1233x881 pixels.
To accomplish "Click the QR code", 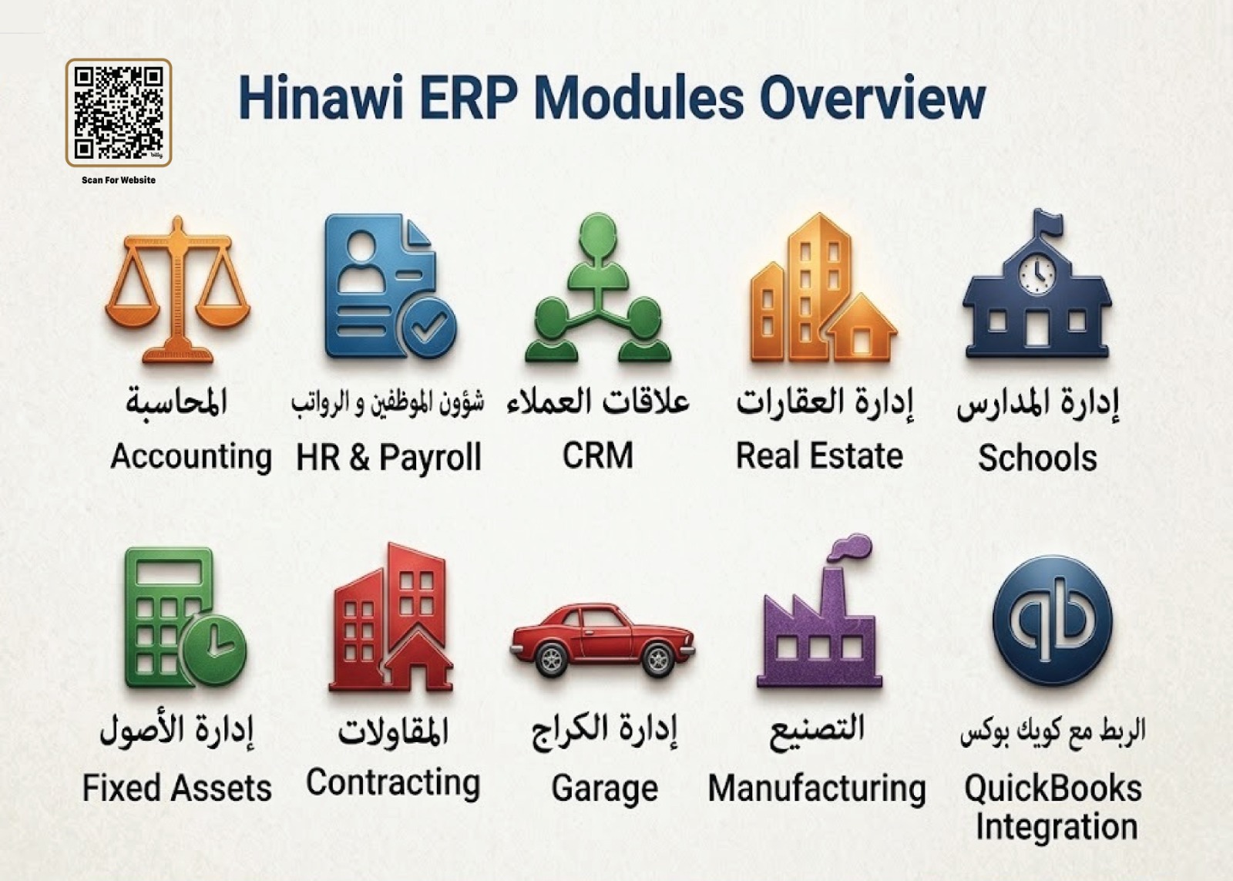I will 118,113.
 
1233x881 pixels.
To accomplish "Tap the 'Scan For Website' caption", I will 118,180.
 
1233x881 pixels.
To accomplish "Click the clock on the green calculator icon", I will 215,647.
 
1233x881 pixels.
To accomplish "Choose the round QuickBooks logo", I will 1052,620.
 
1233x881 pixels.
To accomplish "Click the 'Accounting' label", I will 191,456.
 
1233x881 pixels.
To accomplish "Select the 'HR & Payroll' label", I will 388,458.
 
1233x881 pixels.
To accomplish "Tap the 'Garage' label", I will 604,789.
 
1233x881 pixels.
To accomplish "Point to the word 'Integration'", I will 1056,827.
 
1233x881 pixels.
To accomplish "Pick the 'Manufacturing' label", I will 817,789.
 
